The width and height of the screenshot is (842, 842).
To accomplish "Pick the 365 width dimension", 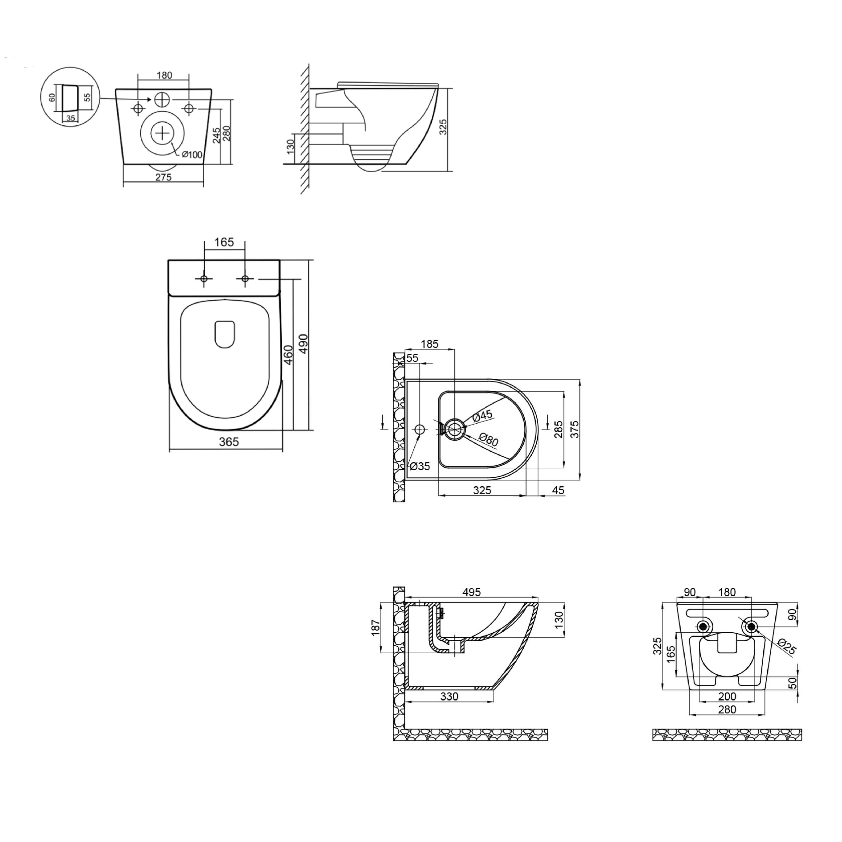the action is point(229,442).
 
